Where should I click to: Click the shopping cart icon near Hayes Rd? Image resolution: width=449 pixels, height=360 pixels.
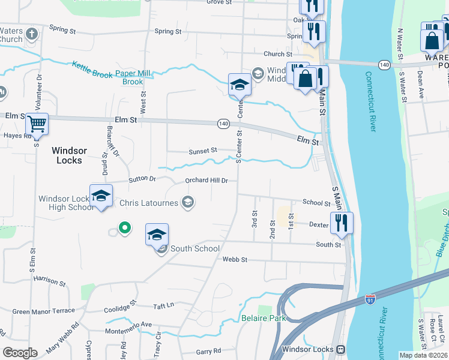tap(37, 124)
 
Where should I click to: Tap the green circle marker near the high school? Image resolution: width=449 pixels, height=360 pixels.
tap(124, 227)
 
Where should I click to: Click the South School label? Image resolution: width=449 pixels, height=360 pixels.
tap(195, 248)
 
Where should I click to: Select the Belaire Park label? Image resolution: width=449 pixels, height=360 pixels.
tap(264, 318)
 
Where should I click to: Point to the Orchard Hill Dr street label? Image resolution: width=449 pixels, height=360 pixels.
tap(206, 180)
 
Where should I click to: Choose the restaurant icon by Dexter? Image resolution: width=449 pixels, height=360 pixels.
tap(342, 222)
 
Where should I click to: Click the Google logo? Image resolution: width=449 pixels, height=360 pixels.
tap(20, 353)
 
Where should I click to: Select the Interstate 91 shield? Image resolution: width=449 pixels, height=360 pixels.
tap(370, 298)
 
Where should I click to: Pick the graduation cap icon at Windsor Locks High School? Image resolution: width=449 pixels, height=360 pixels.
tap(101, 195)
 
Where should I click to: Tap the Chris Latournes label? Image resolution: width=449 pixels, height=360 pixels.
tap(149, 203)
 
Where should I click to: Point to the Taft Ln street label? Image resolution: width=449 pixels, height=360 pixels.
tap(163, 305)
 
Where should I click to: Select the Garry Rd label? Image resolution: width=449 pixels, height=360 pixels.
tap(208, 351)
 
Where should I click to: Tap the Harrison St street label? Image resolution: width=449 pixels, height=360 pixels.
tap(49, 280)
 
